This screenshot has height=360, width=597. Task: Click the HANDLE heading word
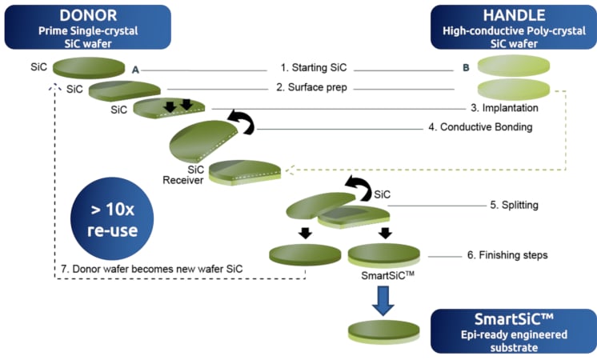tap(512, 16)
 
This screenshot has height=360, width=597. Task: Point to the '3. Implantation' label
tap(503, 107)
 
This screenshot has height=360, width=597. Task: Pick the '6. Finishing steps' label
tap(507, 256)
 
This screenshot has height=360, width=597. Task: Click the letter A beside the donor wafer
tap(136, 70)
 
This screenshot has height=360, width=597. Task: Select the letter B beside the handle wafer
tap(466, 69)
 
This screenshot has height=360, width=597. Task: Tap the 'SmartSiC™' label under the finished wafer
tap(385, 273)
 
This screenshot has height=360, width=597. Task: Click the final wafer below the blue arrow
tap(384, 331)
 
